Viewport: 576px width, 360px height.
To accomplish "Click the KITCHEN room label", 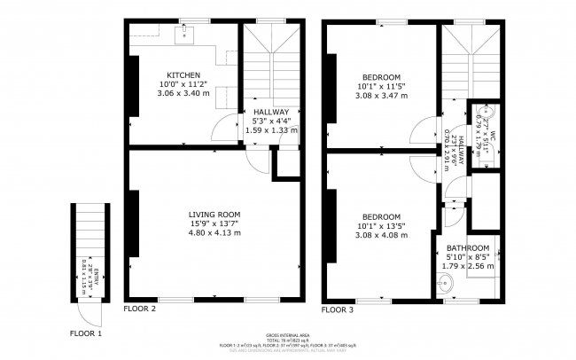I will [x=183, y=74].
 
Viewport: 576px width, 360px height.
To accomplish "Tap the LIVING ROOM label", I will [x=214, y=214].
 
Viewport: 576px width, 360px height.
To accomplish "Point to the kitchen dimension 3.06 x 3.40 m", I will [x=183, y=92].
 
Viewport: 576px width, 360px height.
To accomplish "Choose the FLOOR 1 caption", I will [x=86, y=333].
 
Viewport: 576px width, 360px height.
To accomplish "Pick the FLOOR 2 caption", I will [x=140, y=309].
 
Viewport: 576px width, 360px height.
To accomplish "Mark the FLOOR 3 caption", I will [x=338, y=310].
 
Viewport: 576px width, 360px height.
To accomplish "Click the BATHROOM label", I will [x=467, y=248].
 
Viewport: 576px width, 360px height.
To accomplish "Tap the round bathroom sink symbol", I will [x=446, y=284].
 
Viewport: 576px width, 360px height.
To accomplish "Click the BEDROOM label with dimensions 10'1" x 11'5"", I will [x=381, y=77].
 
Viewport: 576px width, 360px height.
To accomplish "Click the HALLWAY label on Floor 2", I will [x=270, y=112].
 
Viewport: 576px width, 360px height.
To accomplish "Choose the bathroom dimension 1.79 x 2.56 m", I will [x=467, y=266].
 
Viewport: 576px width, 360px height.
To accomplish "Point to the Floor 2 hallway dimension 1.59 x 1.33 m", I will [x=270, y=130].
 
